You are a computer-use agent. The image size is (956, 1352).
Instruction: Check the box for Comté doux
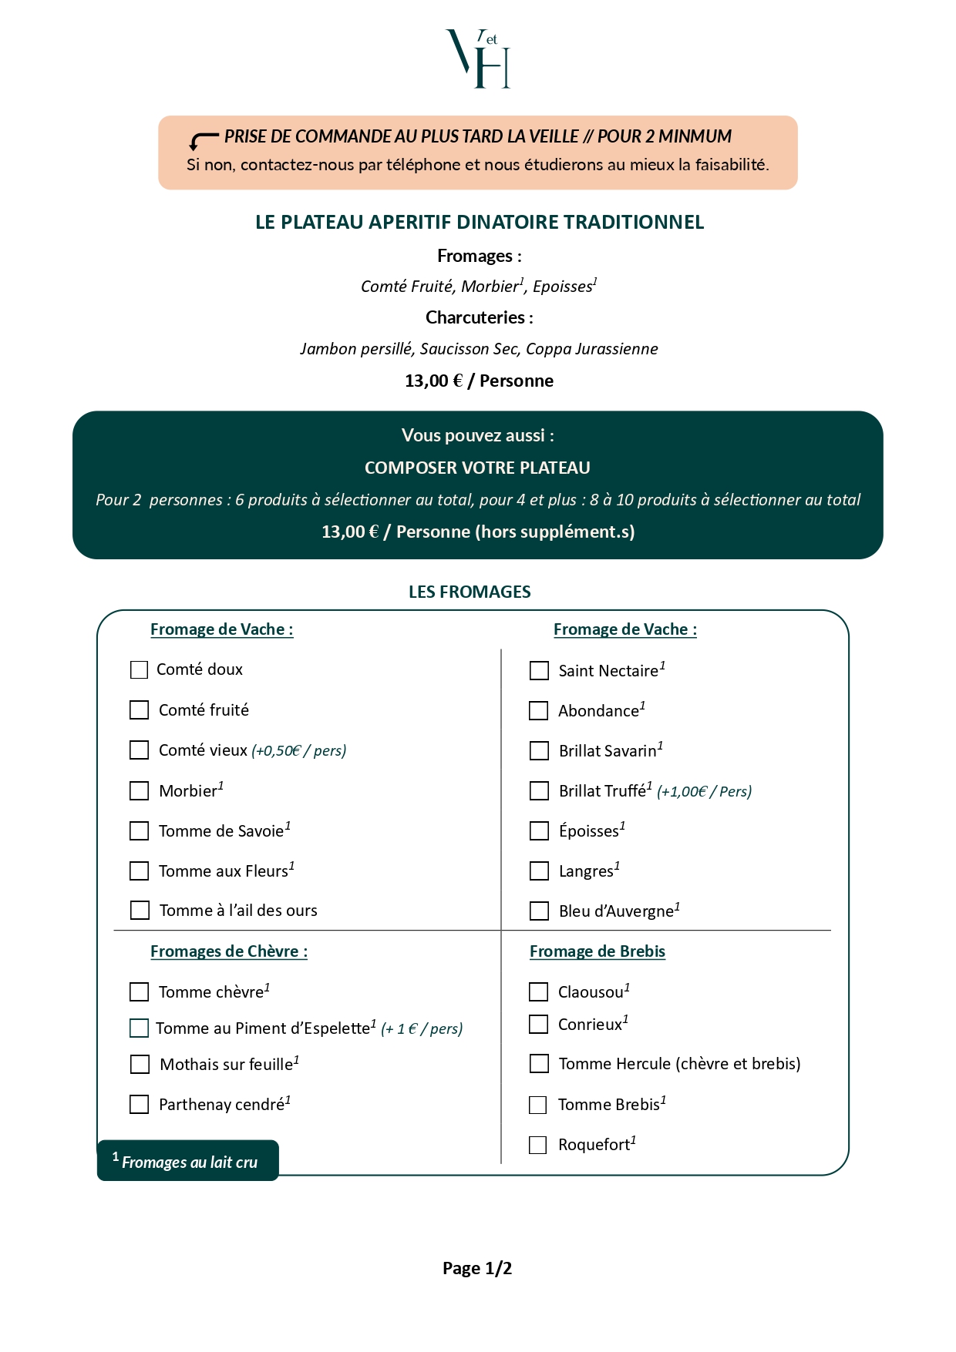pyautogui.click(x=139, y=670)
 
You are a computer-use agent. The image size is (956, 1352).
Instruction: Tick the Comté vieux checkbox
pyautogui.click(x=139, y=750)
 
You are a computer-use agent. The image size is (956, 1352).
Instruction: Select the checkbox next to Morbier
pyautogui.click(x=139, y=790)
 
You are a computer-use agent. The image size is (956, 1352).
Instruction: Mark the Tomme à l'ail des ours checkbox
pyautogui.click(x=140, y=911)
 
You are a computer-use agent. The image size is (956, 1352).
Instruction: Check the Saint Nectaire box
pyautogui.click(x=539, y=671)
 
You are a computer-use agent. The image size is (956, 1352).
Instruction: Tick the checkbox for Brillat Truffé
pyautogui.click(x=539, y=791)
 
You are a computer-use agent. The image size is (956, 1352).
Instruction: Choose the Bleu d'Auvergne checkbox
pyautogui.click(x=539, y=911)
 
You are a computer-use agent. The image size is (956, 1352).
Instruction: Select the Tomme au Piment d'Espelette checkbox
pyautogui.click(x=139, y=1028)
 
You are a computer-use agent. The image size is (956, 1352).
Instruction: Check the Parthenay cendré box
pyautogui.click(x=139, y=1105)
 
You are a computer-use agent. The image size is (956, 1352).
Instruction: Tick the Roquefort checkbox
pyautogui.click(x=538, y=1145)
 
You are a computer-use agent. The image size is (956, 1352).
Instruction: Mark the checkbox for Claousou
pyautogui.click(x=538, y=992)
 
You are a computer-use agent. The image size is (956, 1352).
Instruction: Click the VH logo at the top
pyautogui.click(x=478, y=59)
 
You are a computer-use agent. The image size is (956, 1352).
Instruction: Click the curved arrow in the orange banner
pyautogui.click(x=204, y=141)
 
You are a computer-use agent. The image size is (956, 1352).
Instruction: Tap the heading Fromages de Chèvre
pyautogui.click(x=229, y=951)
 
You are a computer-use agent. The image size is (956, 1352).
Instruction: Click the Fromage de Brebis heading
pyautogui.click(x=597, y=951)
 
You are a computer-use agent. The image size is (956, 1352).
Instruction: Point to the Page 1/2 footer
pyautogui.click(x=477, y=1268)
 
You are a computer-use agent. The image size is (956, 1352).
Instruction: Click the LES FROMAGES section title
pyautogui.click(x=470, y=592)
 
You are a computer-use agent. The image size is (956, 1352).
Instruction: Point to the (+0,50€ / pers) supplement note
pyautogui.click(x=299, y=750)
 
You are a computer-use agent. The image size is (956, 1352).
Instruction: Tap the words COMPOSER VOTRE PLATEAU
pyautogui.click(x=477, y=468)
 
